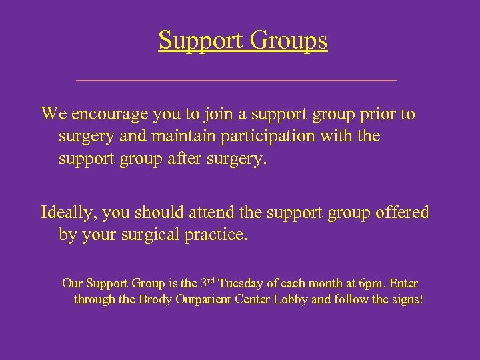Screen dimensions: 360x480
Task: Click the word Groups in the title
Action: tap(289, 41)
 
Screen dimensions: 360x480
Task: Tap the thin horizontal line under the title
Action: tap(237, 80)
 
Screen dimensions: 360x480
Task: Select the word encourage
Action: tap(109, 114)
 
